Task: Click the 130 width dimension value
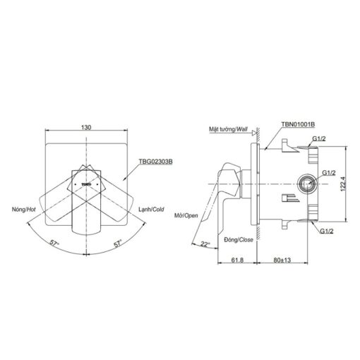[x=86, y=127]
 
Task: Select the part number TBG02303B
[x=156, y=162]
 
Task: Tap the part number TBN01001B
[x=298, y=124]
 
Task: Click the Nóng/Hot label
[x=24, y=209]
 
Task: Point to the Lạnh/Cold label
[x=151, y=209]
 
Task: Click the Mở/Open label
[x=186, y=215]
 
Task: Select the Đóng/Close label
[x=239, y=240]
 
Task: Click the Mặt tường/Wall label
[x=228, y=129]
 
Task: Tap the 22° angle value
[x=205, y=244]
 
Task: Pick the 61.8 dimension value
[x=237, y=260]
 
